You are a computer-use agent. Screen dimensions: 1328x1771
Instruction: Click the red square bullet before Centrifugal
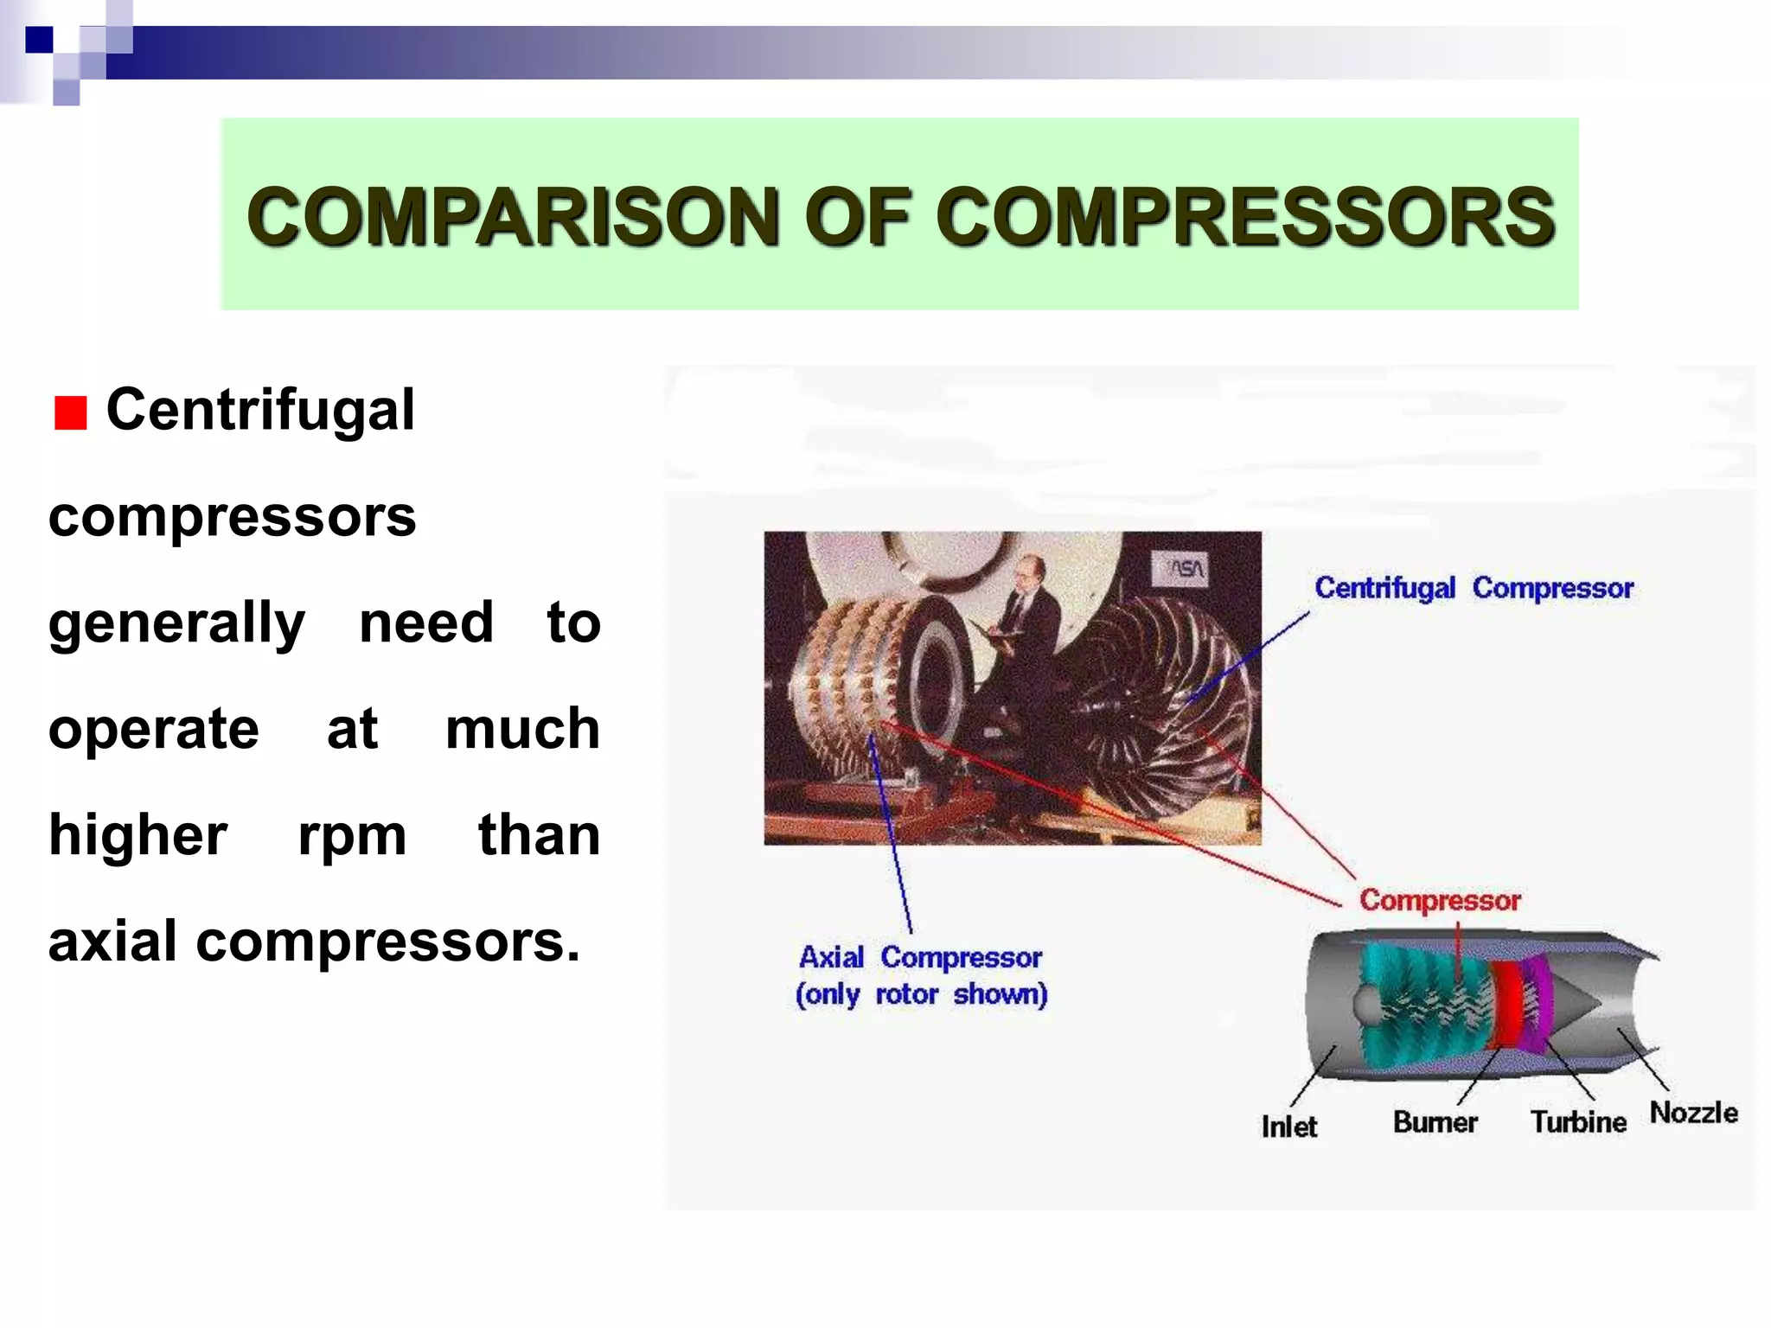click(x=70, y=413)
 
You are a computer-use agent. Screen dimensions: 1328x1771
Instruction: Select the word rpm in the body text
click(x=352, y=835)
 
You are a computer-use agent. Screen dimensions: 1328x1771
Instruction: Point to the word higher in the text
click(x=138, y=835)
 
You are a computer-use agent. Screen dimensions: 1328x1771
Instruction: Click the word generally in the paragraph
click(x=176, y=623)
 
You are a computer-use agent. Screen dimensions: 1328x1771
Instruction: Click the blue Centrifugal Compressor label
click(x=1474, y=588)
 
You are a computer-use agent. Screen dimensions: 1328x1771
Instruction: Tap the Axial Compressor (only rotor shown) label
click(x=921, y=975)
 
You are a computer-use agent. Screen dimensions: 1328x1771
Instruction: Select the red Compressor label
click(x=1440, y=900)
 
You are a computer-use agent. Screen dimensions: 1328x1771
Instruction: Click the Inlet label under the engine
click(x=1288, y=1127)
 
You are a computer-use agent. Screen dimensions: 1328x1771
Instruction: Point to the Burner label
click(x=1435, y=1122)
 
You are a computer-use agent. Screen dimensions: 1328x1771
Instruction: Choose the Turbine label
click(x=1578, y=1122)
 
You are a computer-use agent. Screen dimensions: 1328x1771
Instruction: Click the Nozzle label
click(x=1693, y=1113)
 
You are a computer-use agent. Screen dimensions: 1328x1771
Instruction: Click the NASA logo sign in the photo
click(x=1186, y=568)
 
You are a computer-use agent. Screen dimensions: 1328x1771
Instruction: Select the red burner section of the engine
click(x=1507, y=1003)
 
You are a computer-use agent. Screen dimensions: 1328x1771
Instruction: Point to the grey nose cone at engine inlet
click(x=1367, y=1004)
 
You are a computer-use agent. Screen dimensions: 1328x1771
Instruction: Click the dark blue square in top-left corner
click(x=39, y=40)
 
